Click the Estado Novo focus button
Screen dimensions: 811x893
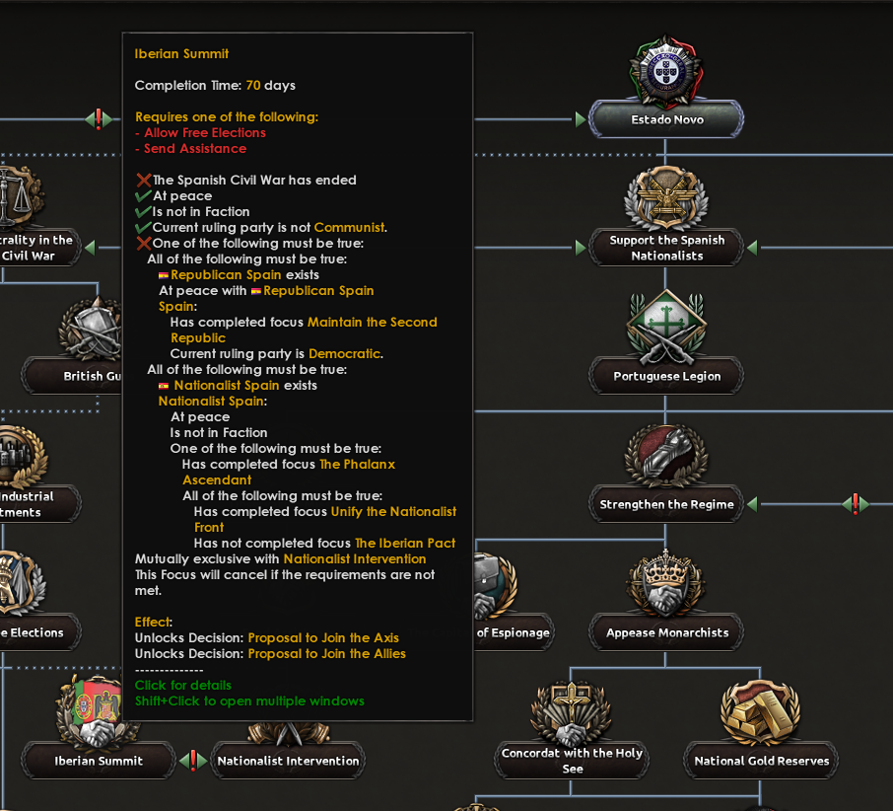667,120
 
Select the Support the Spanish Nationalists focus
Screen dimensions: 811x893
667,248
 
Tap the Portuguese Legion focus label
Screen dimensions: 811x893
667,376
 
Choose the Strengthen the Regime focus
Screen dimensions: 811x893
667,504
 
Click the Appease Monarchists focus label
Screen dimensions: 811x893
667,632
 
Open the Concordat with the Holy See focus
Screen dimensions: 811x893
572,760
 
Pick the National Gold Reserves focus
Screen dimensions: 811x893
761,761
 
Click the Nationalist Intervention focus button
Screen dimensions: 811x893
288,761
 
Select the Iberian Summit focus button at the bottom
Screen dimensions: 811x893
99,761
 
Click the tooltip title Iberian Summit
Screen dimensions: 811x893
181,53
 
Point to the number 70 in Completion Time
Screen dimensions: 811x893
252,86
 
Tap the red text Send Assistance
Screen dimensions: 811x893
195,149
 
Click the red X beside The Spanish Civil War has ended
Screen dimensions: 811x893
144,181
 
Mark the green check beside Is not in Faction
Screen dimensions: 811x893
144,212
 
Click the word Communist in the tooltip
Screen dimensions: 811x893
349,228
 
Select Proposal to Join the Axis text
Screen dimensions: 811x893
323,638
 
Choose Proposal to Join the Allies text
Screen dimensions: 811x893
326,654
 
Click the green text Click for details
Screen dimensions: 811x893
183,686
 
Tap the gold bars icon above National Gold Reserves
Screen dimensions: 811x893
760,707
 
